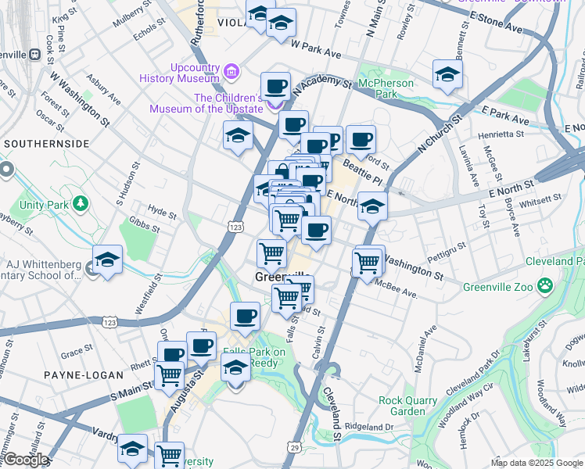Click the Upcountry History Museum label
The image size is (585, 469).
pos(178,72)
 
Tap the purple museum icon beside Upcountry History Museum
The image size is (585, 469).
pos(231,73)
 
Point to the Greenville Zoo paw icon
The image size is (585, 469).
pos(551,287)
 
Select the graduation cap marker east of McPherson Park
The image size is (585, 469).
pos(447,74)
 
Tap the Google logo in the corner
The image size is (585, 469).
pos(25,460)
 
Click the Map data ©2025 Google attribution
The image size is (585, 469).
pos(536,463)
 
